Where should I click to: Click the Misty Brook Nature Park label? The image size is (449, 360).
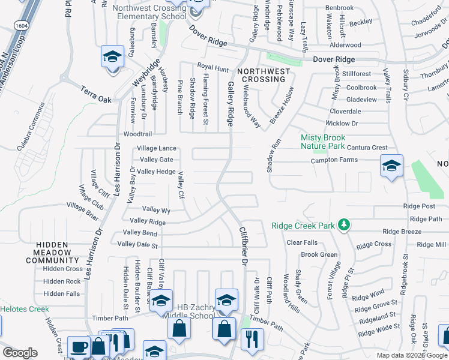pyautogui.click(x=323, y=142)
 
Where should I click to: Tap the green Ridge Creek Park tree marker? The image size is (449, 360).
pyautogui.click(x=343, y=224)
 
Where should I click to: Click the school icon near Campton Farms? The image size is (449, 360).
pyautogui.click(x=391, y=166)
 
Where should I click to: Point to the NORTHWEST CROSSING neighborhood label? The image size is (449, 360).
pyautogui.click(x=263, y=75)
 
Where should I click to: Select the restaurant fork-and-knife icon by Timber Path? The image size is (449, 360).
pyautogui.click(x=252, y=339)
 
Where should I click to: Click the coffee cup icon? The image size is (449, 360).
pyautogui.click(x=80, y=347)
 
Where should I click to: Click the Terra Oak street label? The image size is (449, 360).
pyautogui.click(x=96, y=93)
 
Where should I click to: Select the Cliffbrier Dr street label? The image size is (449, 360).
pyautogui.click(x=244, y=246)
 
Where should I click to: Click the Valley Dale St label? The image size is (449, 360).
pyautogui.click(x=137, y=244)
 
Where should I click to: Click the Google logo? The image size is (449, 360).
pyautogui.click(x=20, y=353)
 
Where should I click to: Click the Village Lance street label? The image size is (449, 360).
pyautogui.click(x=157, y=148)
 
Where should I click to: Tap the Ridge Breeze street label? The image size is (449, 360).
pyautogui.click(x=402, y=232)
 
